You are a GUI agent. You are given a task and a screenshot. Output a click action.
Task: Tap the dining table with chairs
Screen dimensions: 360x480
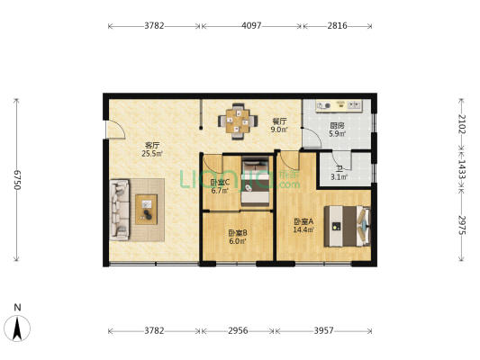[236, 120]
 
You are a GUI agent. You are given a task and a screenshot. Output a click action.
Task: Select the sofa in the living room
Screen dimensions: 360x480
[119, 210]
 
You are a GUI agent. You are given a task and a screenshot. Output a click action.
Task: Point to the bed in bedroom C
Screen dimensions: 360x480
[256, 180]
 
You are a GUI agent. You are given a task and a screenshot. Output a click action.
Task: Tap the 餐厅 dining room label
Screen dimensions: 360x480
[279, 121]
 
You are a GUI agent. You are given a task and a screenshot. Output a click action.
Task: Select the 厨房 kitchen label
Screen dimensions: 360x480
[336, 126]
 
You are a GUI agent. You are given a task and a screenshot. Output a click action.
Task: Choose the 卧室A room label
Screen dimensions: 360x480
[304, 221]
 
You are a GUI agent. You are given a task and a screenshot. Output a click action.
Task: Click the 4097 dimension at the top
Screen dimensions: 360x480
[251, 26]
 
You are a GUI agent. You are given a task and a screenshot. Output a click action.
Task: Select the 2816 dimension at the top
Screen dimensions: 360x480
[338, 26]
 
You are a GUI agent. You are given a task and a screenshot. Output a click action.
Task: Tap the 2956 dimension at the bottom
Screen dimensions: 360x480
[237, 331]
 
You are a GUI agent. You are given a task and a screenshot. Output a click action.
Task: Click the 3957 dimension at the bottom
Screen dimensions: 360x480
[323, 331]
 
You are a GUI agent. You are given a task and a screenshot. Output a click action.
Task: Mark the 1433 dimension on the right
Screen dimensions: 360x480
[461, 166]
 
